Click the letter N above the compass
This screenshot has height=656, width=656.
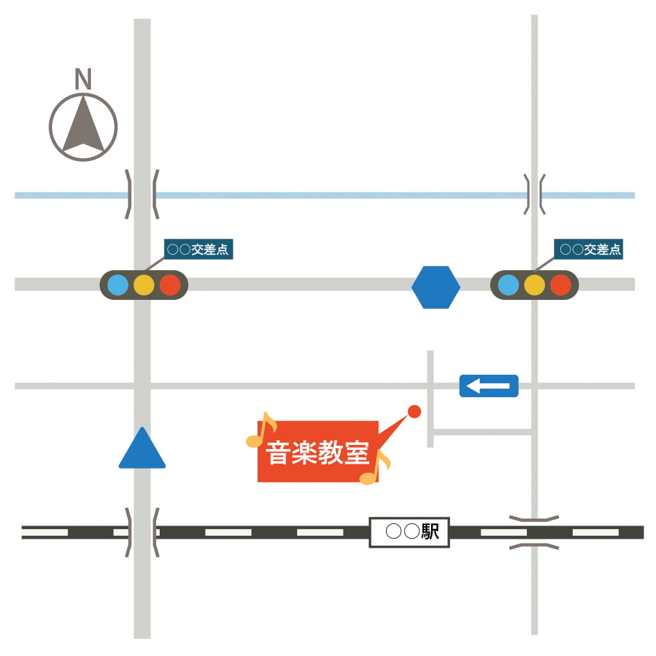click(x=83, y=78)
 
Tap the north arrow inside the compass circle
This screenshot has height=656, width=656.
click(x=83, y=126)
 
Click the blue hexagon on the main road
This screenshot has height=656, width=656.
click(x=435, y=287)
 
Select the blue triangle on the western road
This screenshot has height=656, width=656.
click(x=142, y=448)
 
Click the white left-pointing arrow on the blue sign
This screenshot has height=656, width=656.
click(x=488, y=386)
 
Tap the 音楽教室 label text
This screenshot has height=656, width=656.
click(x=317, y=453)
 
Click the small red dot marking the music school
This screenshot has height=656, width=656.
click(x=414, y=411)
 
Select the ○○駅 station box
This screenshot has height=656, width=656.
click(x=409, y=532)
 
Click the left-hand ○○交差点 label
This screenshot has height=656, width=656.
click(x=199, y=249)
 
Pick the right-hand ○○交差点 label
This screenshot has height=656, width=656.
click(x=589, y=249)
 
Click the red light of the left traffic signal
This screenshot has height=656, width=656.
click(x=170, y=285)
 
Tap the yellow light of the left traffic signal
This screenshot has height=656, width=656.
click(x=144, y=285)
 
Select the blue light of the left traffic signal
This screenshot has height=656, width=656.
click(x=118, y=285)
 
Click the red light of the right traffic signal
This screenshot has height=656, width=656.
click(x=561, y=285)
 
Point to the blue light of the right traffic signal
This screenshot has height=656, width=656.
click(x=508, y=285)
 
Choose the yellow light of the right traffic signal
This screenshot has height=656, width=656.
click(x=535, y=285)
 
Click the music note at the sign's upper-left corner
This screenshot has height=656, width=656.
click(x=262, y=430)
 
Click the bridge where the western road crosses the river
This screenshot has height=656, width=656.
click(x=142, y=194)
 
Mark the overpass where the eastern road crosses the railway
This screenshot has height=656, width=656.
click(x=535, y=532)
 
